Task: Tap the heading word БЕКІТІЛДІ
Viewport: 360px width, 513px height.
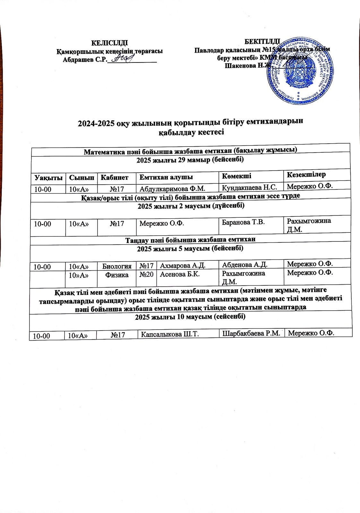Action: click(262, 42)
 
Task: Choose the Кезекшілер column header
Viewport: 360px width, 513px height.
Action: click(306, 175)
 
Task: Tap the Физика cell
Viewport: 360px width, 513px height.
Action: click(117, 275)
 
